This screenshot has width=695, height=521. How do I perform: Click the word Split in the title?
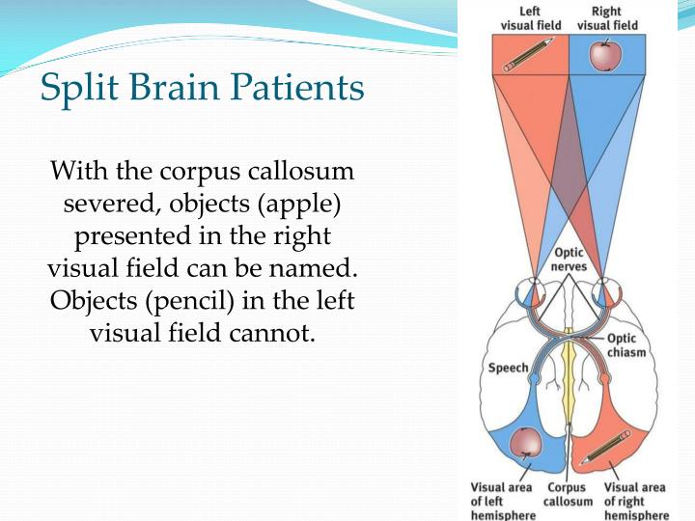click(x=74, y=89)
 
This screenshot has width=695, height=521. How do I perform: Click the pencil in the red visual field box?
click(x=529, y=55)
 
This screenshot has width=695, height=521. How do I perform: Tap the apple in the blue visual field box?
click(x=604, y=56)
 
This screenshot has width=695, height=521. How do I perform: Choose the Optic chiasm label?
click(x=625, y=345)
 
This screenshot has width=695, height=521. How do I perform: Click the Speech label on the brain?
click(x=508, y=368)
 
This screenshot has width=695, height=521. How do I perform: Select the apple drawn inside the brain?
click(x=526, y=441)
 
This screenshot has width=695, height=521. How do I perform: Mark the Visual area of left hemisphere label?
click(x=500, y=502)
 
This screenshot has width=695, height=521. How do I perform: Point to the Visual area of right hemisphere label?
click(x=635, y=502)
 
